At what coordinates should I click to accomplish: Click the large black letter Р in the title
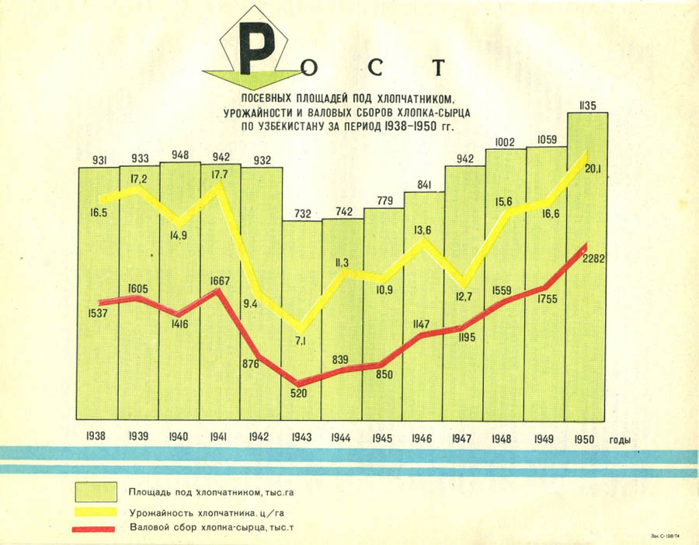tap(258, 48)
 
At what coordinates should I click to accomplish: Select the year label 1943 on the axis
tap(301, 438)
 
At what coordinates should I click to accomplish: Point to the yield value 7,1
tap(301, 340)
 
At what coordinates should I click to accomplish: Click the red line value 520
tap(299, 392)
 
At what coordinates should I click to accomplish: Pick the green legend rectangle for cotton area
tap(96, 491)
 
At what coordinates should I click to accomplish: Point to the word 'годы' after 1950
tap(619, 439)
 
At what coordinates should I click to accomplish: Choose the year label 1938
tap(97, 438)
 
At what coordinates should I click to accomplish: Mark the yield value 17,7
tap(218, 175)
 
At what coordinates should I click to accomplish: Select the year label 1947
tap(462, 438)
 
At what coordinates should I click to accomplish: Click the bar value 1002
tap(506, 142)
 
